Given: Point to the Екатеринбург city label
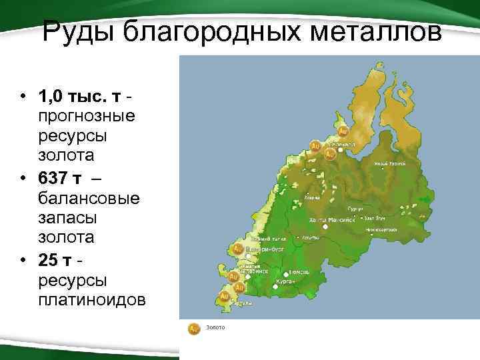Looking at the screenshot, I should point(265,249).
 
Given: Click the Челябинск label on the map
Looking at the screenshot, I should point(257,272).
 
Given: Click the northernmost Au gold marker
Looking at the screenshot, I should point(343,131).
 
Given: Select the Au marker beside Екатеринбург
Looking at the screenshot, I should point(236,249).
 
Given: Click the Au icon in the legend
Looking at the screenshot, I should point(193,328).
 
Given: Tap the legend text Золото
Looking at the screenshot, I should point(215,328).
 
